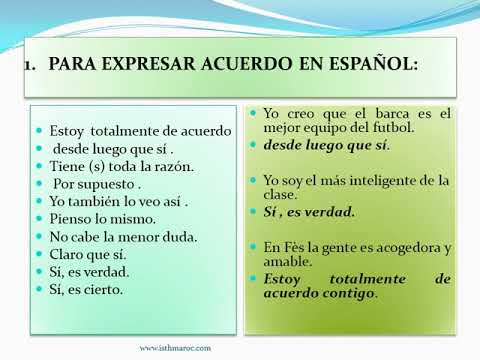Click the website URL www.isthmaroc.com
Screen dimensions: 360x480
(x=175, y=348)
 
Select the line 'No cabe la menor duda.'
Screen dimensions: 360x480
(x=123, y=237)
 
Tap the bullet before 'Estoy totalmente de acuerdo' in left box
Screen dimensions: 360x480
(x=40, y=131)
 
